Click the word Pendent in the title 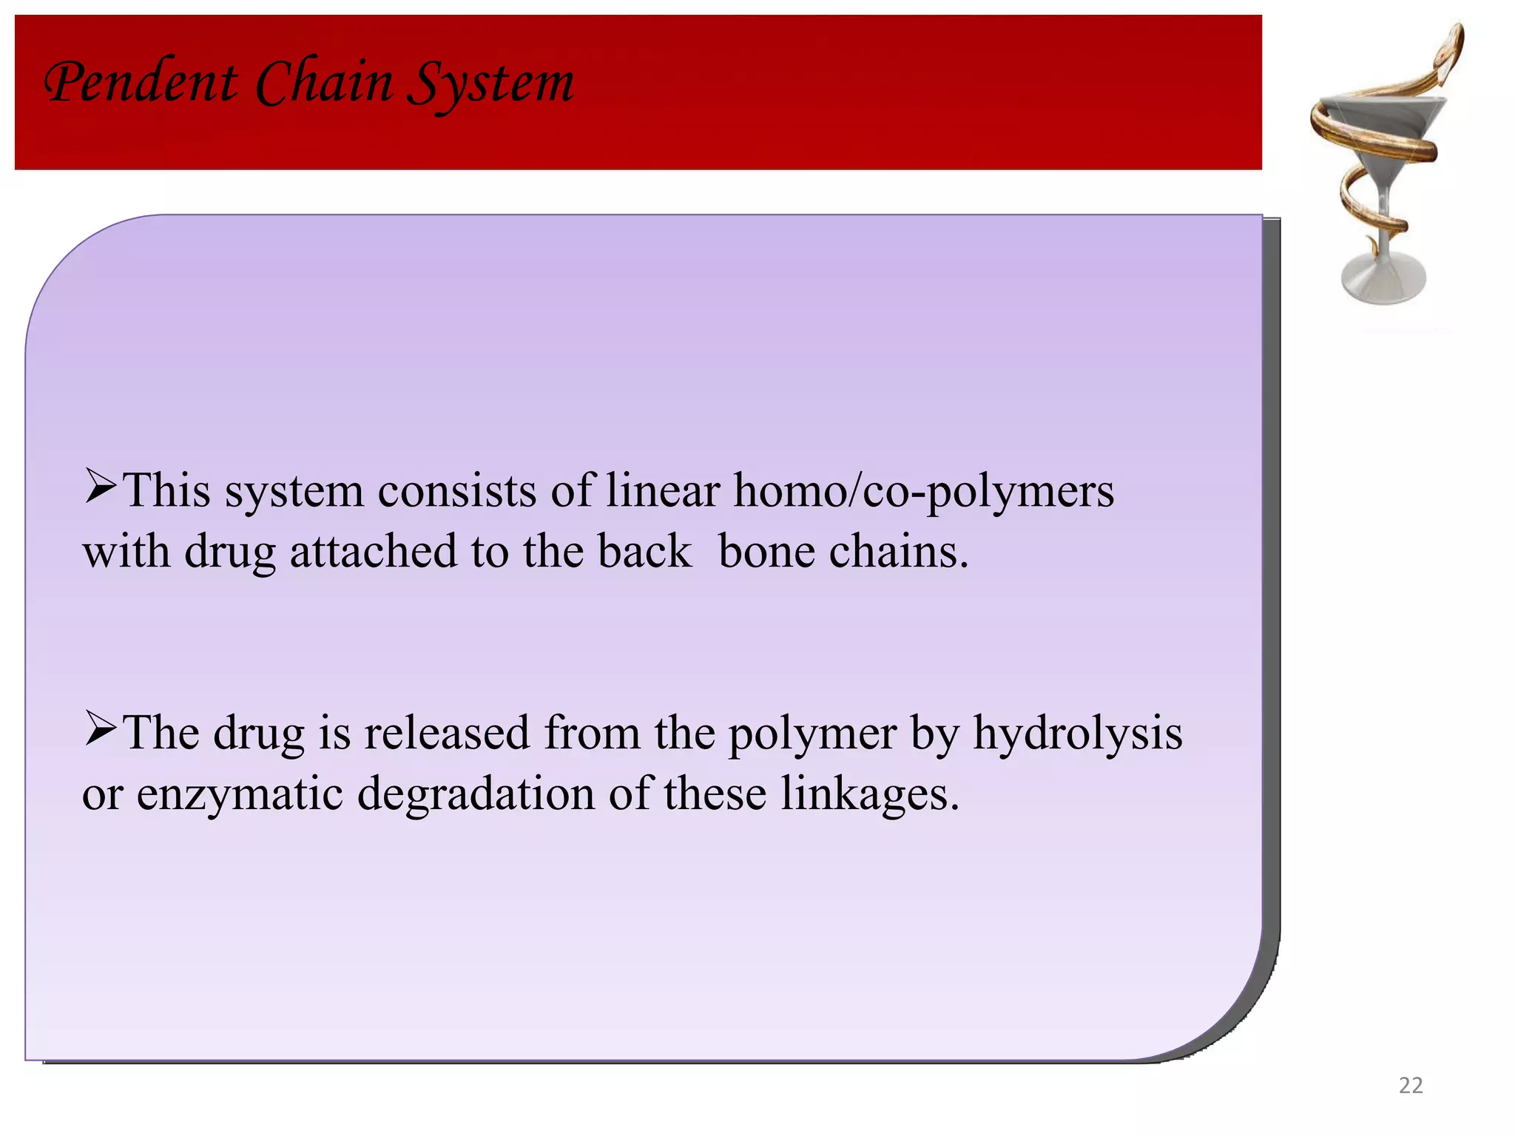(x=141, y=83)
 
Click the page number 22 (x=1411, y=1085)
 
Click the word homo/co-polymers (x=923, y=492)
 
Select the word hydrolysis (x=1077, y=734)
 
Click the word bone (x=766, y=552)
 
